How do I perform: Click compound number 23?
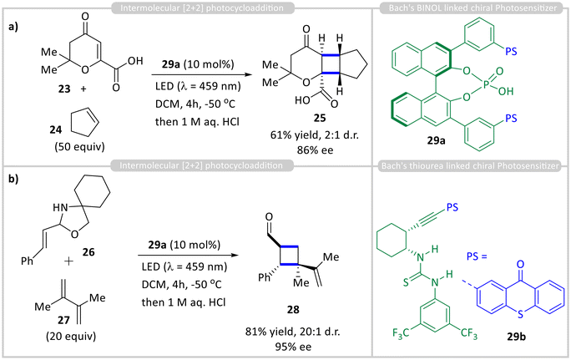pyautogui.click(x=64, y=89)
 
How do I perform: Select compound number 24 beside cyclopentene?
pyautogui.click(x=56, y=129)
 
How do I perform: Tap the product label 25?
pyautogui.click(x=320, y=118)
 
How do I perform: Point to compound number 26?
pyautogui.click(x=88, y=251)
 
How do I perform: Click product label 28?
pyautogui.click(x=293, y=310)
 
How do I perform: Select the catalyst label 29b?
pyautogui.click(x=517, y=337)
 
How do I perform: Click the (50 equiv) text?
pyautogui.click(x=80, y=146)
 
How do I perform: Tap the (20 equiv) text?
pyautogui.click(x=71, y=336)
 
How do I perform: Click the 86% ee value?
pyautogui.click(x=315, y=150)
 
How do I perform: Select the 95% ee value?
pyautogui.click(x=293, y=347)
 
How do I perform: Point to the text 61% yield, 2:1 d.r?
pyautogui.click(x=314, y=135)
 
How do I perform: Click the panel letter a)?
pyautogui.click(x=13, y=27)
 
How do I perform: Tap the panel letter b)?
pyautogui.click(x=13, y=180)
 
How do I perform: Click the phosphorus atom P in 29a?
pyautogui.click(x=486, y=84)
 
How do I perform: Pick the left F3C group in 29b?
pyautogui.click(x=402, y=333)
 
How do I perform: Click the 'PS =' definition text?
pyautogui.click(x=477, y=256)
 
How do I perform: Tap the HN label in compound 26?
pyautogui.click(x=60, y=208)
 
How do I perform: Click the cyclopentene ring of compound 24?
pyautogui.click(x=84, y=123)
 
